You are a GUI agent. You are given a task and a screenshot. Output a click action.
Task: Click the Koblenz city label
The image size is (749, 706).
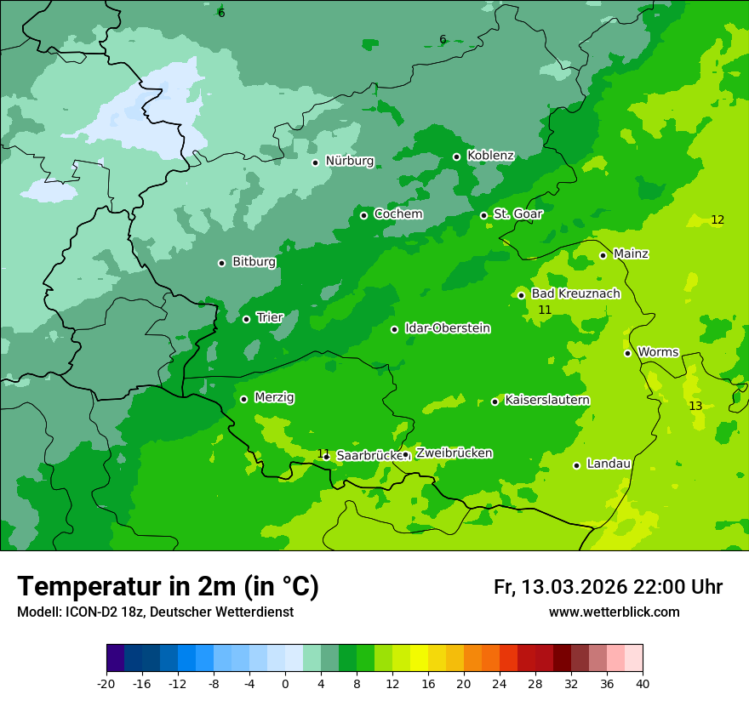pyautogui.click(x=490, y=156)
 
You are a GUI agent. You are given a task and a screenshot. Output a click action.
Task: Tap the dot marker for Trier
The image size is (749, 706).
pyautogui.click(x=246, y=319)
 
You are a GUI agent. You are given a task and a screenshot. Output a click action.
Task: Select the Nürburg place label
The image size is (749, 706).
pyautogui.click(x=349, y=161)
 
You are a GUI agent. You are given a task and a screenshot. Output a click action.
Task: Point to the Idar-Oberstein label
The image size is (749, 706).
pyautogui.click(x=447, y=328)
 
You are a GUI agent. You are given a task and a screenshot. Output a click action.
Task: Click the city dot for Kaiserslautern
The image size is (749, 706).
pyautogui.click(x=495, y=401)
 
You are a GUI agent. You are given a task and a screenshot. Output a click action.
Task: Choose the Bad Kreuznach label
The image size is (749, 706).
pyautogui.click(x=575, y=293)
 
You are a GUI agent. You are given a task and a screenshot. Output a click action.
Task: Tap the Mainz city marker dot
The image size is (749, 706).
pyautogui.click(x=603, y=255)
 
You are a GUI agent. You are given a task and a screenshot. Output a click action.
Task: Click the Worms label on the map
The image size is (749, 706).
pyautogui.click(x=658, y=352)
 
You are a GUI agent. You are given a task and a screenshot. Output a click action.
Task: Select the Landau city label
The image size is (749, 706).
pyautogui.click(x=609, y=464)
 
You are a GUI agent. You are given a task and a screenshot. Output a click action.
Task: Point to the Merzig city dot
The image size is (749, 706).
pyautogui.click(x=243, y=399)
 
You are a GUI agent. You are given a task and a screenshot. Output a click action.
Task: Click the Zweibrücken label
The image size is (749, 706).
pyautogui.click(x=454, y=453)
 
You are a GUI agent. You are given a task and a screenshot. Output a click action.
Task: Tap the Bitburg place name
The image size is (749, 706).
pyautogui.click(x=254, y=262)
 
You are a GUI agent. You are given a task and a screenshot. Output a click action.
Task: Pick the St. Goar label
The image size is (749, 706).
pyautogui.click(x=517, y=214)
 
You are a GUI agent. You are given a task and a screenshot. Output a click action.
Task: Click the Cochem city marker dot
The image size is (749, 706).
pyautogui.click(x=363, y=215)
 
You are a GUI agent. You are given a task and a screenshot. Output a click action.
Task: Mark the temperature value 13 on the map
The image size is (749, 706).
pyautogui.click(x=695, y=406)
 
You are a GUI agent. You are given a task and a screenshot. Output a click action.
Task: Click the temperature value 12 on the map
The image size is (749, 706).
pyautogui.click(x=718, y=219)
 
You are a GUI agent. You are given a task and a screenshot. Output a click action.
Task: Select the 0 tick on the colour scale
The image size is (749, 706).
pyautogui.click(x=285, y=684)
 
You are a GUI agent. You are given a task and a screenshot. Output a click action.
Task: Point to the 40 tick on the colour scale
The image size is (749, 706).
pyautogui.click(x=643, y=684)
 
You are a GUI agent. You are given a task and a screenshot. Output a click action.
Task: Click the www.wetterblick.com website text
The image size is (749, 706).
pyautogui.click(x=614, y=612)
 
